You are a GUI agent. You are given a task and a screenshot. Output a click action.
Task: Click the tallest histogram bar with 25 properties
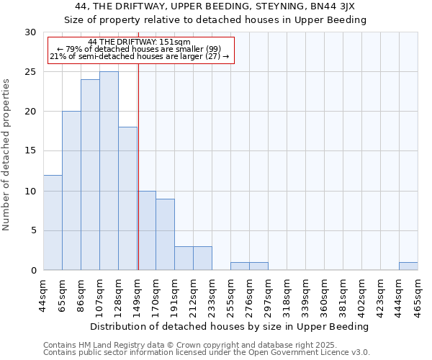[109, 171]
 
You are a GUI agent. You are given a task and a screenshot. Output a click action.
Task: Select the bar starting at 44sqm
[53, 222]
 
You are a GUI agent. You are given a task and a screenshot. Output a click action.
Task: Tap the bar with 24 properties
[90, 175]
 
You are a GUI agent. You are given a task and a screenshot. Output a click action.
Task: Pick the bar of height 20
[71, 191]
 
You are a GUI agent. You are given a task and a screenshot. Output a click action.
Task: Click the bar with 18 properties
[127, 199]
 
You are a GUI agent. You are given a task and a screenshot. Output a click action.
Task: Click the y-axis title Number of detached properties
[7, 155]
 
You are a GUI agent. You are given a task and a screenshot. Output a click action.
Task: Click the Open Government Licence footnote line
[207, 353]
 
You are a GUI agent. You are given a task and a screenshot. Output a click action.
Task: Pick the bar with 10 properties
[146, 230]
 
